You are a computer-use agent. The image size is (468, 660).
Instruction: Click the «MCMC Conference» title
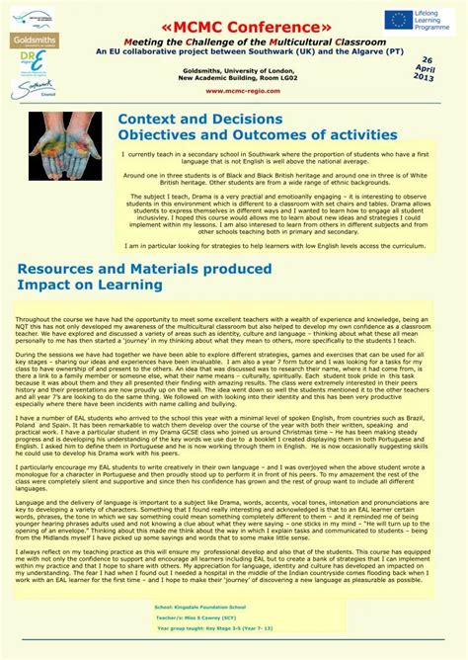(233, 25)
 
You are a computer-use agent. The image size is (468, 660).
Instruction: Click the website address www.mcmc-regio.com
(233, 89)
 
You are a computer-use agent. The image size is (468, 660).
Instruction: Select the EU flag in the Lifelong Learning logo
(399, 19)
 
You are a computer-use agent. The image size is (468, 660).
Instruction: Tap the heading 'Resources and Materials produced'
(144, 268)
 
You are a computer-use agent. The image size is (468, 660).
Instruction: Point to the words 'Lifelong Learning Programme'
(435, 20)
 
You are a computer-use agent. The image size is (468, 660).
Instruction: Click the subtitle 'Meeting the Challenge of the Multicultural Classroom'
(233, 41)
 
